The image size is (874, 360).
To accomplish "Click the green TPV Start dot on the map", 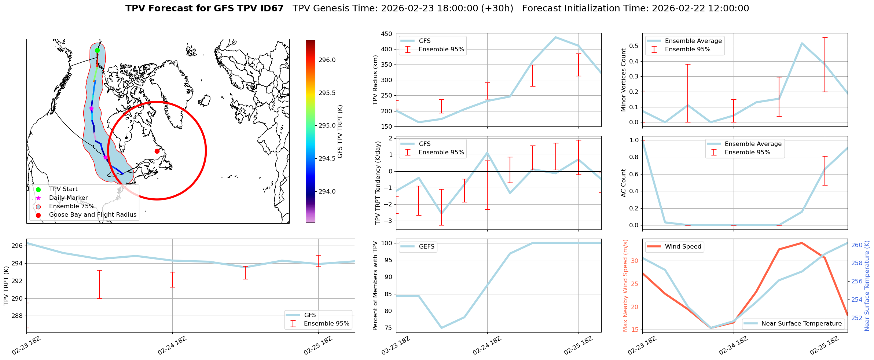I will tap(97, 51).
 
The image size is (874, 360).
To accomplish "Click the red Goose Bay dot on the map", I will tap(157, 151).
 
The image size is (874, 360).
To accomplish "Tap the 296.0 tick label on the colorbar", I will tap(327, 60).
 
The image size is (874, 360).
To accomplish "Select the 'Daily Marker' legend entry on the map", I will tap(68, 198).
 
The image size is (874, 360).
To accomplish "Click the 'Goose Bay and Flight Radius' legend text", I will tap(92, 215).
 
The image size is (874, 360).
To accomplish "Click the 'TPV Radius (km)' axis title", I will tap(375, 80).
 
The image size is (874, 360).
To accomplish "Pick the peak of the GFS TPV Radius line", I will tap(555, 37).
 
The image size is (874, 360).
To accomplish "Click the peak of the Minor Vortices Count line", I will tap(802, 43).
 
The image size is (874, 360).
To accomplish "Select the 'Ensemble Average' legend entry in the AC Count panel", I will tap(753, 144).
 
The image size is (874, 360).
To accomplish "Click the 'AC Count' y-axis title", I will tap(624, 183).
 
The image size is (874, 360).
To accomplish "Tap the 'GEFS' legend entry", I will tap(426, 247).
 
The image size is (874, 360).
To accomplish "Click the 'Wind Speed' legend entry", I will tap(683, 247).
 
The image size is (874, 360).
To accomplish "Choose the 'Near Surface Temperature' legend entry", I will tap(801, 324).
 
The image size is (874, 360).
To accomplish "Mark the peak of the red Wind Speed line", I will tap(802, 243).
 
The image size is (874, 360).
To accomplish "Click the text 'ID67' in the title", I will tap(271, 8).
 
